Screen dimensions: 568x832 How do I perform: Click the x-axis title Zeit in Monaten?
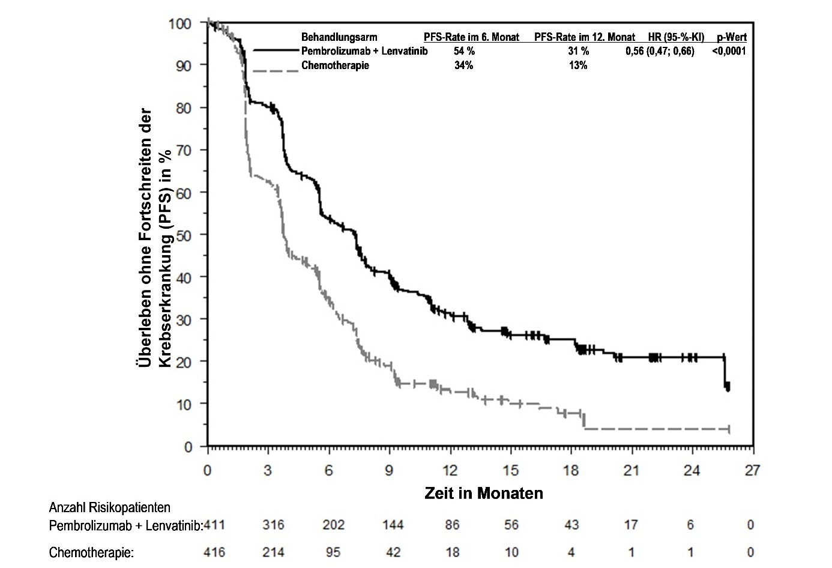click(484, 494)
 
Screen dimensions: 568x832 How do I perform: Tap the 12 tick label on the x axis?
click(450, 471)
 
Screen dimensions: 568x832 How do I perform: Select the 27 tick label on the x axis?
click(753, 471)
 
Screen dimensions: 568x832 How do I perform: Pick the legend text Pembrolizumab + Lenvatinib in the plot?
click(364, 51)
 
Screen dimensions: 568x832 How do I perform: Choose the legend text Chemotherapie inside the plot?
click(335, 65)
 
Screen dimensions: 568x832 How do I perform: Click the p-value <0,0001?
click(729, 51)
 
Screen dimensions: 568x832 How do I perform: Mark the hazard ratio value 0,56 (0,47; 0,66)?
click(659, 51)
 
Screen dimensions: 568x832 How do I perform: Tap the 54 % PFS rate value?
click(464, 51)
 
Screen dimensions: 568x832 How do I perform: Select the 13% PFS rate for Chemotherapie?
click(578, 65)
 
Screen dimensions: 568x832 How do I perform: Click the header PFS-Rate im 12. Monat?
click(585, 37)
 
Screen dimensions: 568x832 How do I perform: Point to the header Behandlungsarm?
click(339, 37)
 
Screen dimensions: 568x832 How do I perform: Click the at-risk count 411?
click(214, 525)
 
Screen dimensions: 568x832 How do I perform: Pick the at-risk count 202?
click(333, 525)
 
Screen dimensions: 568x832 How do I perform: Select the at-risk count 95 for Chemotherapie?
click(333, 552)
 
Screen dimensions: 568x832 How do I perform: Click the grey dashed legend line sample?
click(276, 71)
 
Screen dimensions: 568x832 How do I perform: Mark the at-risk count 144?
click(393, 525)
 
